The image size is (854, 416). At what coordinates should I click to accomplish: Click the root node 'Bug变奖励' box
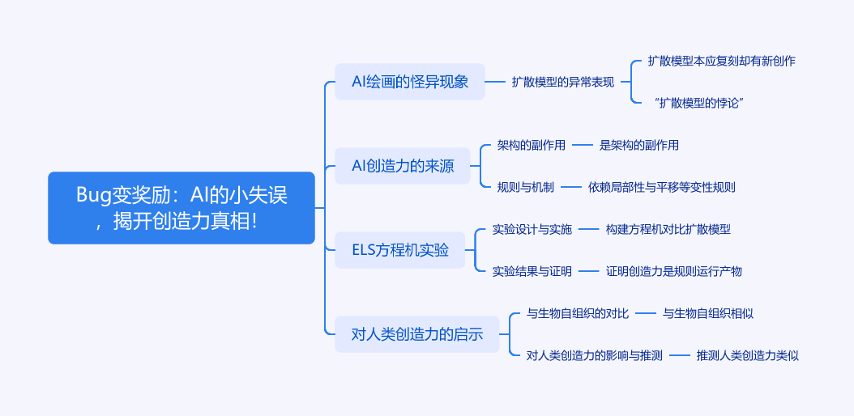pos(181,207)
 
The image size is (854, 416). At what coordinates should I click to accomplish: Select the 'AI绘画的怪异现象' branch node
pos(409,82)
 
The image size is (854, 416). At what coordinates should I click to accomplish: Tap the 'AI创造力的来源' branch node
pos(402,166)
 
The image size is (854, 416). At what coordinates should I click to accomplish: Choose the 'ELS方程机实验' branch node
pos(399,250)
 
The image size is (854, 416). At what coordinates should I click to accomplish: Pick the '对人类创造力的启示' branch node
pos(416,334)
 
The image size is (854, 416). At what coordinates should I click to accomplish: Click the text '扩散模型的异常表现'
pos(563,82)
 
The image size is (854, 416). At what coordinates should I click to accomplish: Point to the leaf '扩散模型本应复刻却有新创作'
pos(721,61)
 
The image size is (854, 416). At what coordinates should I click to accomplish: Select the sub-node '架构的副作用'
pos(531,145)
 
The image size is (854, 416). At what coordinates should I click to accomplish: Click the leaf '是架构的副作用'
pos(638,145)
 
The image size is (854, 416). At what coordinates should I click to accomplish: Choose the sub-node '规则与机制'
pos(526,187)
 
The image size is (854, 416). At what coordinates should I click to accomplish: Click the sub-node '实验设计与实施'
pos(532,229)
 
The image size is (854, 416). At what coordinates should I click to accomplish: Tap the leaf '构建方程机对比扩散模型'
pos(668,229)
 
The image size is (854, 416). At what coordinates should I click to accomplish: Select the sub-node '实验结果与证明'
pos(532,271)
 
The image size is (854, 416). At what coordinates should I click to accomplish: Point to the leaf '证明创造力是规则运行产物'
pos(673,271)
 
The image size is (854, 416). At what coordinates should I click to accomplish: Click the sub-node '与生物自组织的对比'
pos(578,313)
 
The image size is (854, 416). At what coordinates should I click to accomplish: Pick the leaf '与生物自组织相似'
pos(707,313)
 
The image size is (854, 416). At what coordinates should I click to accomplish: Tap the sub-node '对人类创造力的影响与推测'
pos(595,355)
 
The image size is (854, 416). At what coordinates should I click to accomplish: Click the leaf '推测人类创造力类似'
pos(747,355)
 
